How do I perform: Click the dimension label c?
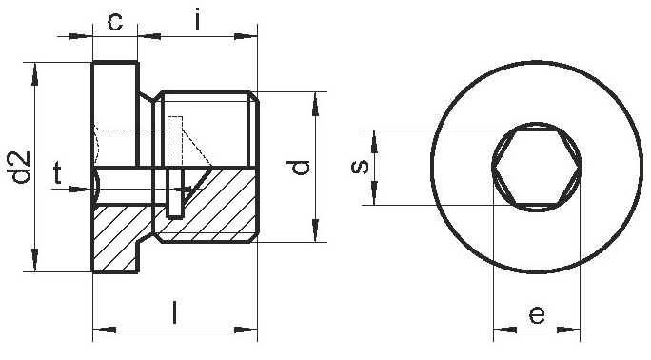[115, 22]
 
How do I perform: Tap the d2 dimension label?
[21, 167]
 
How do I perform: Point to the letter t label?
[57, 173]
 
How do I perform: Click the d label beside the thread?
[298, 167]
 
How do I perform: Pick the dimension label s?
[360, 167]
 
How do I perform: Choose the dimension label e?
[537, 315]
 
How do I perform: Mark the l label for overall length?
[175, 312]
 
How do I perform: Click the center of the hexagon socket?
[537, 167]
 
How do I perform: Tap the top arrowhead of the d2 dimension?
[35, 74]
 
